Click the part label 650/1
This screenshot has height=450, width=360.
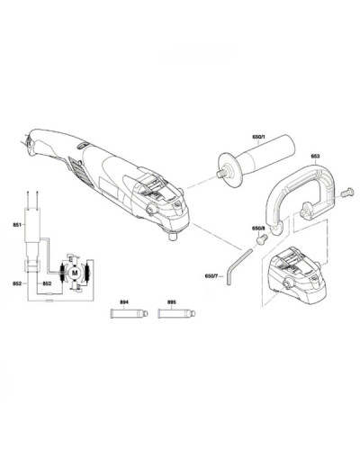click(x=258, y=137)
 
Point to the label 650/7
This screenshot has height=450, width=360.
click(x=211, y=276)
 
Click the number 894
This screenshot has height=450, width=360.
click(x=124, y=302)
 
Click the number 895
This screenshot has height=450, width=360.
click(x=171, y=302)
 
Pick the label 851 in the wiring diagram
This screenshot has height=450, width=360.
click(x=17, y=225)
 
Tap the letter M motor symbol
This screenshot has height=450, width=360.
click(x=75, y=273)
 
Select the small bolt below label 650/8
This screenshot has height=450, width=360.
click(x=262, y=239)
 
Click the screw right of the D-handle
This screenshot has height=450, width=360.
click(x=348, y=192)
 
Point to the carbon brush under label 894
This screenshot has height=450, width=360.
click(x=130, y=313)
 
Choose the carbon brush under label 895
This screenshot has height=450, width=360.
click(x=176, y=313)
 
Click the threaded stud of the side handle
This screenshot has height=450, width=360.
click(x=221, y=174)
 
